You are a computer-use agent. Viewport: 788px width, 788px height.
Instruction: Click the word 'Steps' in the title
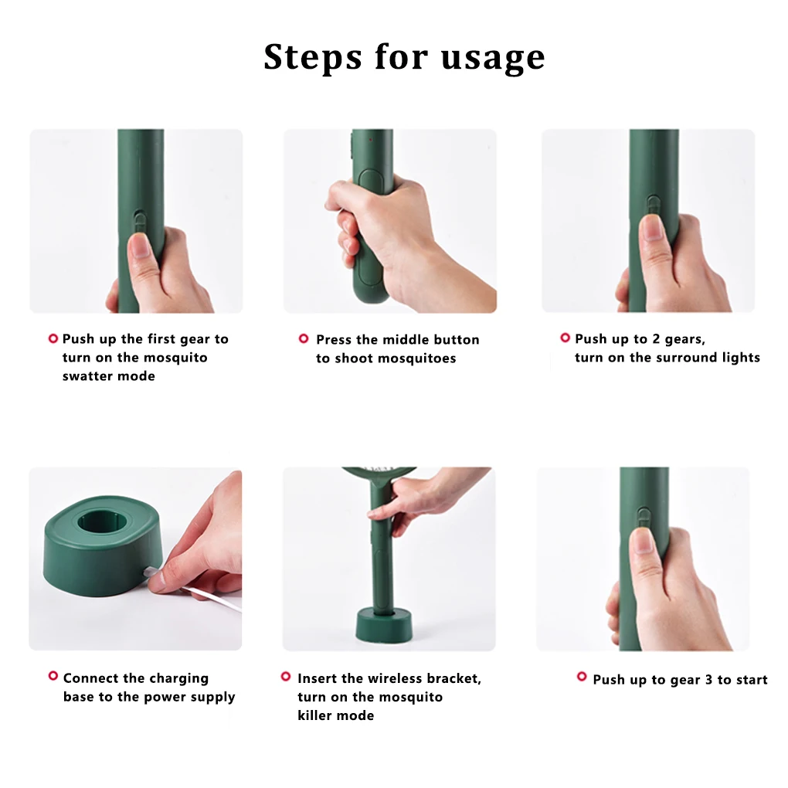(313, 56)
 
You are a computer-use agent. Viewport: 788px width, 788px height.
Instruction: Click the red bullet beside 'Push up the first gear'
(53, 338)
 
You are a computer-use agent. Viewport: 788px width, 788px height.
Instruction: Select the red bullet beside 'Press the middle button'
(304, 338)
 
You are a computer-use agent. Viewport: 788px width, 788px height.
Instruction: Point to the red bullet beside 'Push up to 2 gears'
(565, 338)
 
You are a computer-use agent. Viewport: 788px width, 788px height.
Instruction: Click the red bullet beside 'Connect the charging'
(53, 676)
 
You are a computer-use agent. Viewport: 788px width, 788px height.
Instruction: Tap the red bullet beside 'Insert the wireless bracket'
(285, 677)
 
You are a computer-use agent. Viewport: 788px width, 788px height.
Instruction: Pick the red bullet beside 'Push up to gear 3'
(582, 677)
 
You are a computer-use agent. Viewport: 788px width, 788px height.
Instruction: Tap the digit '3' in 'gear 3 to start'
(708, 680)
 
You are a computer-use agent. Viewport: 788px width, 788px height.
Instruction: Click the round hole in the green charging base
(104, 521)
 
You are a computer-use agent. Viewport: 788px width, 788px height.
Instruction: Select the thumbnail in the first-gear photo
(141, 245)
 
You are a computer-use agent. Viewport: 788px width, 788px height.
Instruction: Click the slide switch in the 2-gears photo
(654, 205)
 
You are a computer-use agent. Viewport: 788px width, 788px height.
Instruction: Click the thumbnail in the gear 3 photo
(643, 541)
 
